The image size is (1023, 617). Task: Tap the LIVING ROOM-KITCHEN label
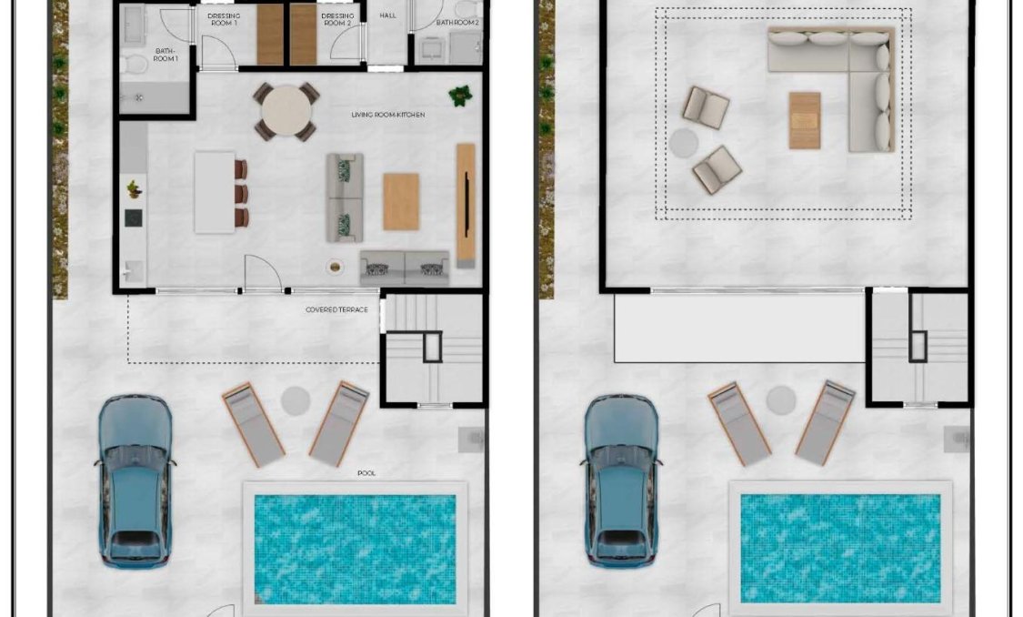click(x=388, y=115)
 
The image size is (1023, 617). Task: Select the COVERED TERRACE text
click(x=336, y=310)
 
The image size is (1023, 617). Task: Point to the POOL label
click(x=366, y=473)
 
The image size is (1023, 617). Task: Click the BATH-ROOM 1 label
click(x=165, y=55)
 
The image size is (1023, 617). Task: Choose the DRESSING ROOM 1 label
click(x=223, y=19)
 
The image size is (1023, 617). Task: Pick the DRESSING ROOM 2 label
click(x=336, y=19)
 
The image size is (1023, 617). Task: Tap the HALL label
click(x=388, y=15)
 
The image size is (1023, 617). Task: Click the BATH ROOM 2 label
click(x=457, y=21)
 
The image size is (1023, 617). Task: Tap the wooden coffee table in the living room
click(x=400, y=201)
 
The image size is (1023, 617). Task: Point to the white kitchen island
click(x=215, y=191)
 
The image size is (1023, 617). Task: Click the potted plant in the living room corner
click(x=460, y=95)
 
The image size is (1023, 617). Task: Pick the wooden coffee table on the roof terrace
click(x=804, y=119)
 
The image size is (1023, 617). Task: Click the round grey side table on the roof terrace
click(x=684, y=143)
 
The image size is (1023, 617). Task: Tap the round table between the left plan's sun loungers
click(x=295, y=400)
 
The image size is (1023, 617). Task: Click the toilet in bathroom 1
click(x=133, y=65)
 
